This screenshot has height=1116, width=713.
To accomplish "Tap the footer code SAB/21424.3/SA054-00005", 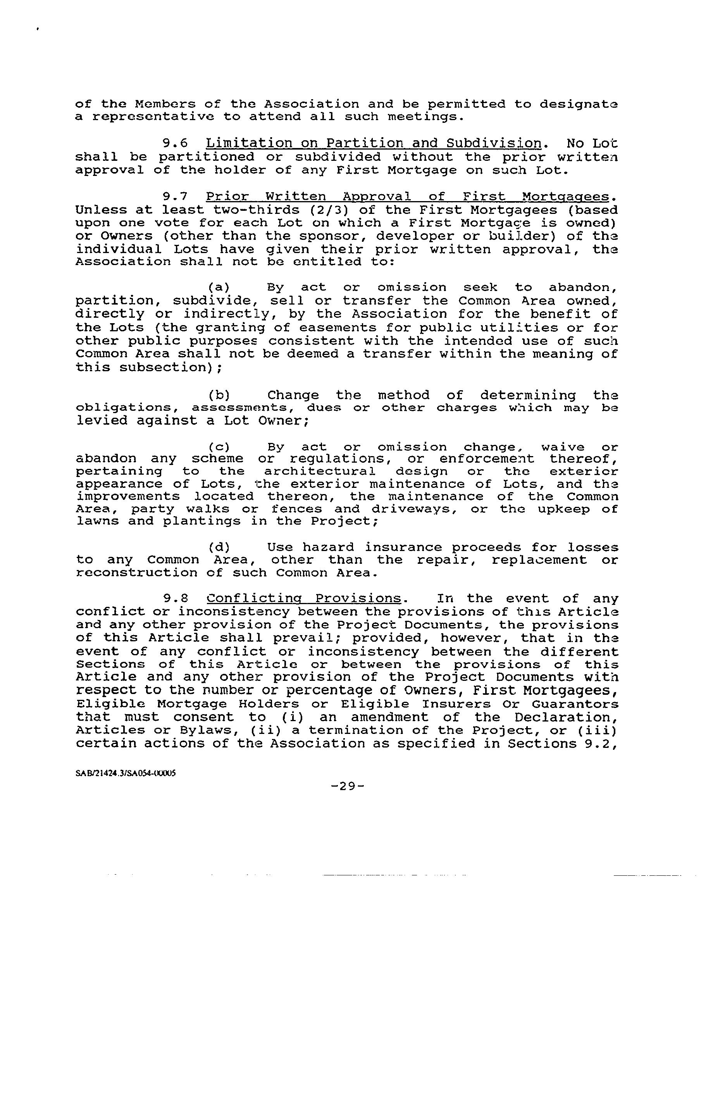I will click(x=125, y=773).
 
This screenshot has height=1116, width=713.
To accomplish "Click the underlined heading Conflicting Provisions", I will click(x=304, y=599).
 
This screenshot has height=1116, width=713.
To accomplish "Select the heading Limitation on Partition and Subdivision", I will click(x=374, y=144).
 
